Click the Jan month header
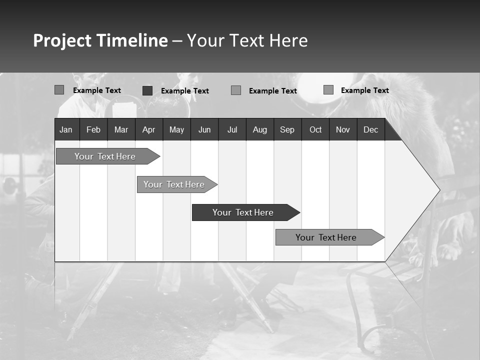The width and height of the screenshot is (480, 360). (66, 129)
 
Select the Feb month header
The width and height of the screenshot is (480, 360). (93, 129)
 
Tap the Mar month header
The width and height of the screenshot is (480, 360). (121, 129)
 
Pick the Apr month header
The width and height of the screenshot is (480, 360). (149, 129)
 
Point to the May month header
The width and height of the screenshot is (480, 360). (176, 129)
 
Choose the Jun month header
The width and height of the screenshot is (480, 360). (204, 129)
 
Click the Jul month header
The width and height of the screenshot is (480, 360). (232, 129)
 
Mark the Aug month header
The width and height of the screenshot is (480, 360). (260, 129)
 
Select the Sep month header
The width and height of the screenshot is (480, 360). (287, 129)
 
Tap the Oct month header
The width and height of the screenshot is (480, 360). (315, 129)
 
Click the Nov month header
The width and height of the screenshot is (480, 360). (343, 129)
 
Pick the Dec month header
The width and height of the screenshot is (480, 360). (371, 129)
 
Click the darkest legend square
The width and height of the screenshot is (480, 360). (147, 90)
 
